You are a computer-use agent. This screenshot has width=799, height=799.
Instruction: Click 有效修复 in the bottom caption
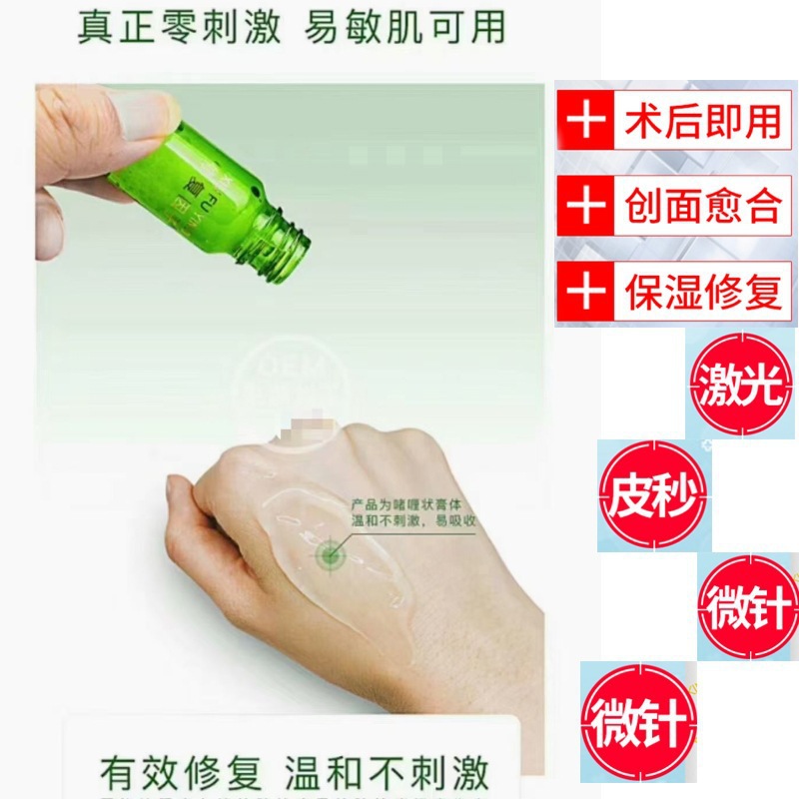[181, 772]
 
